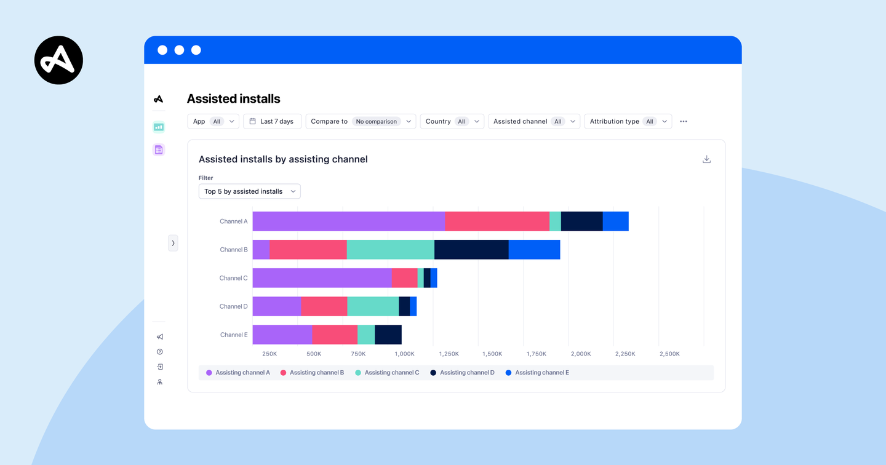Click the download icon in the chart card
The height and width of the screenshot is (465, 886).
click(x=706, y=159)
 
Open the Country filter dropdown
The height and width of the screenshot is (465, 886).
click(x=452, y=122)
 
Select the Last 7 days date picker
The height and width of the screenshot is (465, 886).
click(x=272, y=122)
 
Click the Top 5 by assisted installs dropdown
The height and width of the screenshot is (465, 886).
click(x=249, y=191)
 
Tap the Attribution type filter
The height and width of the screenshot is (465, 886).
click(x=628, y=122)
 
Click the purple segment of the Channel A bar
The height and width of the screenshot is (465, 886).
click(x=348, y=221)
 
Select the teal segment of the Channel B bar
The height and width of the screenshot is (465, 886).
click(x=390, y=250)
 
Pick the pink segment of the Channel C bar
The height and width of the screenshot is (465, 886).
click(x=404, y=278)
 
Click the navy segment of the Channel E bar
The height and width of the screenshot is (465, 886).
click(x=388, y=335)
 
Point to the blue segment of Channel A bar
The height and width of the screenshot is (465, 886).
click(x=615, y=221)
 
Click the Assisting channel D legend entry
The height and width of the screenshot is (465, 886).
click(x=462, y=373)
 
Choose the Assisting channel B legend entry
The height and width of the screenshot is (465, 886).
click(x=312, y=373)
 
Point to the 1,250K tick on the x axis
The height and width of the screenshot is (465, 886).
click(x=449, y=354)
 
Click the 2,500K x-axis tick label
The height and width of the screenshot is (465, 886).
click(x=669, y=354)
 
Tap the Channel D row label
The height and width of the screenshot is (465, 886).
click(x=233, y=306)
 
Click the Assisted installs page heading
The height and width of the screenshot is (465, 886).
click(x=233, y=99)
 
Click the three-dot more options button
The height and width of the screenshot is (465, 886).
click(x=684, y=122)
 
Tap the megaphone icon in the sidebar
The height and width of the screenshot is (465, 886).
click(x=160, y=336)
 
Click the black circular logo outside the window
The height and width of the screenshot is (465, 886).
click(x=58, y=60)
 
